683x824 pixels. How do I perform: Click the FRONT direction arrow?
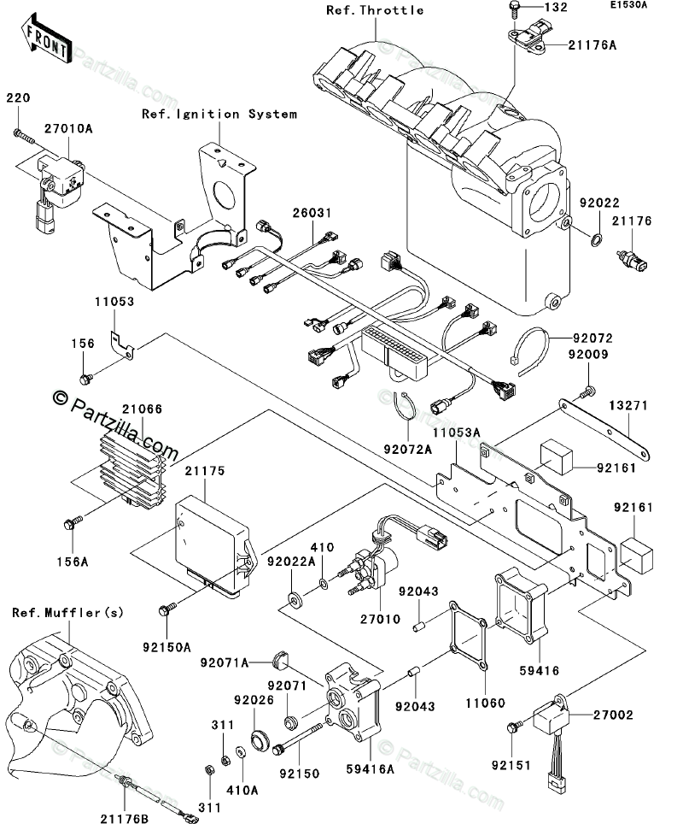[x=47, y=38]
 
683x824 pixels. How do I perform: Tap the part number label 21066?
[x=143, y=409]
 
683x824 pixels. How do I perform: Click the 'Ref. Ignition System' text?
[x=219, y=114]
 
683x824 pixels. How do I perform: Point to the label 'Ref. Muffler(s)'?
[x=67, y=612]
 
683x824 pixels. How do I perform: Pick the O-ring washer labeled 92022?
[x=597, y=241]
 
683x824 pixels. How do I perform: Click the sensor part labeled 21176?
[x=632, y=262]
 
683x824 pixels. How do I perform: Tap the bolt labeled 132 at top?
[x=514, y=8]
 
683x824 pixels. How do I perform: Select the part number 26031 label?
[x=312, y=213]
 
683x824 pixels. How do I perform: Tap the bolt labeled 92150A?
[x=167, y=609]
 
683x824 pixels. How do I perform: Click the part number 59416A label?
[x=371, y=769]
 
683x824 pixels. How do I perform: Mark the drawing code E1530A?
[x=628, y=5]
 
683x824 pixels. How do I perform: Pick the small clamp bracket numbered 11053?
[x=121, y=344]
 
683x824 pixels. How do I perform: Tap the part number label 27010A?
[x=68, y=129]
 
